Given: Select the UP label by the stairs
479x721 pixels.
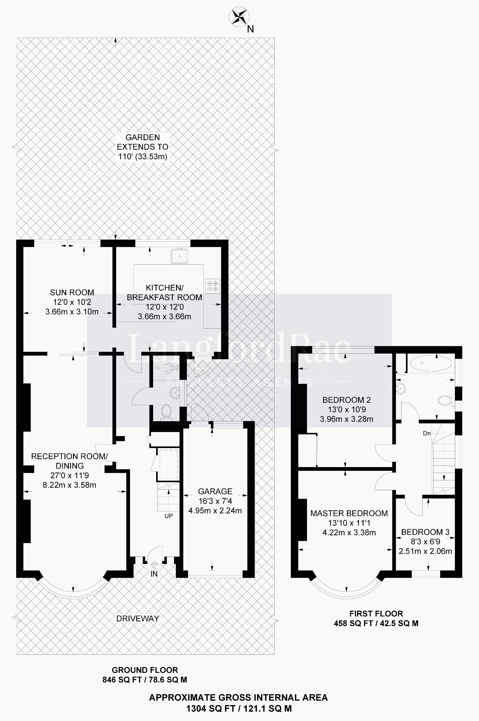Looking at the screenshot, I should [x=169, y=516].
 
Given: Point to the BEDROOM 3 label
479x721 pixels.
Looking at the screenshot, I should [x=425, y=532].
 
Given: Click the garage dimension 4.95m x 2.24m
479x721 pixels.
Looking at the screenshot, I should [x=215, y=510].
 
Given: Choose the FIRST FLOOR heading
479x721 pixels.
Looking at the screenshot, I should [x=376, y=614].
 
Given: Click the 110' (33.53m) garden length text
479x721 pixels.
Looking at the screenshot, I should [x=143, y=157].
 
